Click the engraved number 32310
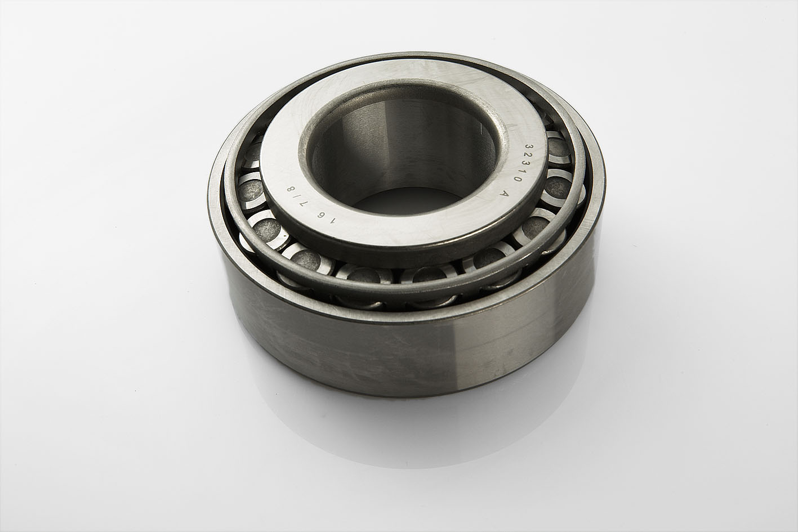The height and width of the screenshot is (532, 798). point(523,162)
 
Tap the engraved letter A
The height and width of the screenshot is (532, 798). point(503,194)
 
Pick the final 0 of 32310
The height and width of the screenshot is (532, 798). point(519,178)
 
